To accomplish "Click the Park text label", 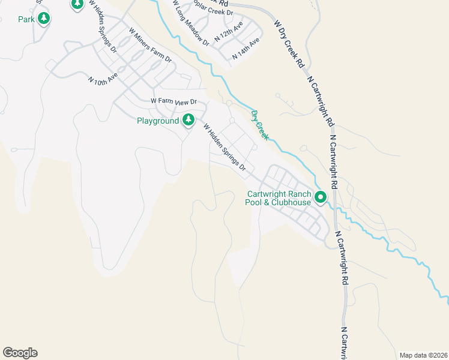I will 26,19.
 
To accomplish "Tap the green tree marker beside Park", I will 43,19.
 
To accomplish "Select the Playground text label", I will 158,121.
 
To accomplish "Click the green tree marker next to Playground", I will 188,119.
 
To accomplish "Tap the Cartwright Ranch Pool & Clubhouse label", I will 278,198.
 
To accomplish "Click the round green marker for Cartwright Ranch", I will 321,196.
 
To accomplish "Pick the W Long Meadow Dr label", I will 190,25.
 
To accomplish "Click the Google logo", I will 20,353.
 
